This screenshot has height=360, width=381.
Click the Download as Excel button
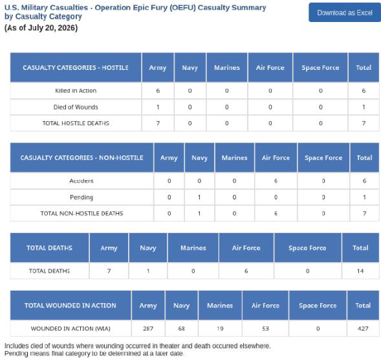pos(345,12)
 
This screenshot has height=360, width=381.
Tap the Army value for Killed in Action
pos(158,91)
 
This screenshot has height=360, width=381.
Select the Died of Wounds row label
pos(76,107)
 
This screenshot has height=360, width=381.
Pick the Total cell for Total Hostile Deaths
pos(364,123)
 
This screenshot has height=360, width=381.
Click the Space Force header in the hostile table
pos(320,67)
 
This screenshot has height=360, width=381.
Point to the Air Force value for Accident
pos(276,181)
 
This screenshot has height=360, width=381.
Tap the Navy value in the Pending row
pos(199,197)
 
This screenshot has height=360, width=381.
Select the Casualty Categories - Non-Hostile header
pos(82,157)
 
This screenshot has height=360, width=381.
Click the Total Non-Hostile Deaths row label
pos(82,213)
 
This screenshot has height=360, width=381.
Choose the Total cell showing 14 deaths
pos(360,271)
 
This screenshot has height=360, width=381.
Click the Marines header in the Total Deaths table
pos(193,248)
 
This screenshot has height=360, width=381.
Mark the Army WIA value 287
pos(148,328)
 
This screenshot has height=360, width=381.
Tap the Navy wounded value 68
pos(182,328)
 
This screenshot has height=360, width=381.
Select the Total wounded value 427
pos(363,328)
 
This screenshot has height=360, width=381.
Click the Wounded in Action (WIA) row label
pos(71,328)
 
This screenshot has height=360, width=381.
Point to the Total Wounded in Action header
pos(71,306)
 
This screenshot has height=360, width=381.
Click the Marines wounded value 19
pos(220,328)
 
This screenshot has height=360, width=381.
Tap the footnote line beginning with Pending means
pos(94,354)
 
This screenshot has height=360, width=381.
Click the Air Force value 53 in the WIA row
pos(265,328)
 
